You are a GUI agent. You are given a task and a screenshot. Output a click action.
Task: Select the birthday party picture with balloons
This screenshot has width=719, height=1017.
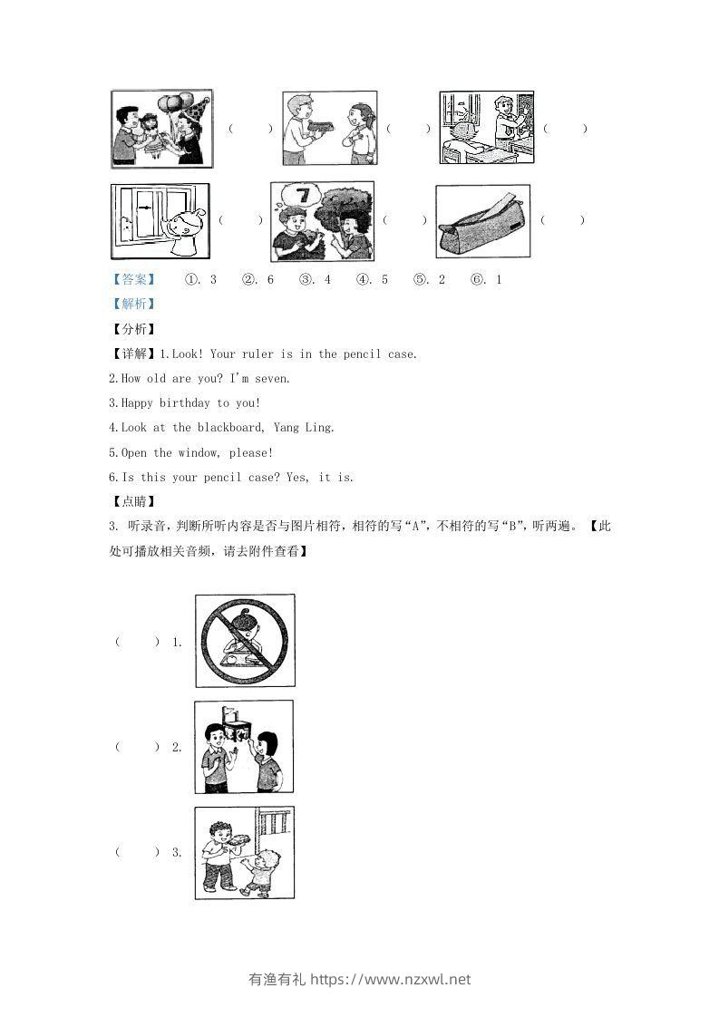coord(161,129)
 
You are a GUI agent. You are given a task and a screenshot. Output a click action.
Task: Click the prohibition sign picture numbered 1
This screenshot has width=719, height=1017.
coord(245,641)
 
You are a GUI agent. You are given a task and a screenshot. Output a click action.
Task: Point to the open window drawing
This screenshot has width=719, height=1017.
coord(160,221)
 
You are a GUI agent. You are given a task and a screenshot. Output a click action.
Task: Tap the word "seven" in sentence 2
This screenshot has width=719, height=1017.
coord(270,379)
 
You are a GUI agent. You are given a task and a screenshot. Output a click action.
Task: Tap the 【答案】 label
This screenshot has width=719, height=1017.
coord(131,280)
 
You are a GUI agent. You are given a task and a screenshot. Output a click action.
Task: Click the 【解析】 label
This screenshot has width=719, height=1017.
coord(131,305)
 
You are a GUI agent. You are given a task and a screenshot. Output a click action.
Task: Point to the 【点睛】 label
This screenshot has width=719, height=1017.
coord(131,501)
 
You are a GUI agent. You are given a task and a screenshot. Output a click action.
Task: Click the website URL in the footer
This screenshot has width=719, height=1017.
coord(391,980)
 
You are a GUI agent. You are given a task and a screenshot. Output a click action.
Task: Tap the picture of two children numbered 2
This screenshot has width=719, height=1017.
coord(244,747)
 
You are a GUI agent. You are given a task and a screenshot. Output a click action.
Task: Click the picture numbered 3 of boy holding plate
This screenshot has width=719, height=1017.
coord(244,853)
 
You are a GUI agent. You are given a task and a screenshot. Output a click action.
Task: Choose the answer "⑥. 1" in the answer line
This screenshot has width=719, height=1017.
coord(486,280)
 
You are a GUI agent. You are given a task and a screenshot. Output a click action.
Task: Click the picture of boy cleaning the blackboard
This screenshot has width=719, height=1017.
coord(486,127)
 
